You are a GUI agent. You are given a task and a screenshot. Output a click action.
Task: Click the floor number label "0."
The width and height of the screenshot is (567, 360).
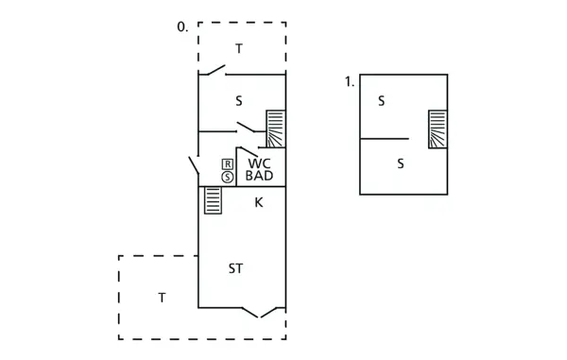[182, 27]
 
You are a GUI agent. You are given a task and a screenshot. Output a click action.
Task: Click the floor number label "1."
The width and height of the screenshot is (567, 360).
[350, 82]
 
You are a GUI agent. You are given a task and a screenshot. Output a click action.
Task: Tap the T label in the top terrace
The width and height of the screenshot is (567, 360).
[239, 48]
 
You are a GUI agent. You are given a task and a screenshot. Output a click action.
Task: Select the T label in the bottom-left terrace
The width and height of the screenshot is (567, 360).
[162, 298]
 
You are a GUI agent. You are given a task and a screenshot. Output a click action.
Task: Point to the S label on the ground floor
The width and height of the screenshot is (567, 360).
[239, 100]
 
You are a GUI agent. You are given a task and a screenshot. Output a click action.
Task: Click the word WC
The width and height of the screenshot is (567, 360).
[259, 163]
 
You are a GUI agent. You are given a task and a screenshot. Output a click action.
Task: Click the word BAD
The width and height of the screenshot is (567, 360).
[259, 176]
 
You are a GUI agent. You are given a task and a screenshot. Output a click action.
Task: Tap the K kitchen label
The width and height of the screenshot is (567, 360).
[258, 201]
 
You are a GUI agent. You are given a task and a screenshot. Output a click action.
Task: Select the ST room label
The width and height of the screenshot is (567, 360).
[236, 268]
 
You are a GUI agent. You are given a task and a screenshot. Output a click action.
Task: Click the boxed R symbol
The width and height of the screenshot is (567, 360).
[228, 163]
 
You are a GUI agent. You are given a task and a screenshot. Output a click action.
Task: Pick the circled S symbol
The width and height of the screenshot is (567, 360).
[228, 177]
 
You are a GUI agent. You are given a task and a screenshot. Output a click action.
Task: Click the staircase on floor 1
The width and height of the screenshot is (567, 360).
[437, 129]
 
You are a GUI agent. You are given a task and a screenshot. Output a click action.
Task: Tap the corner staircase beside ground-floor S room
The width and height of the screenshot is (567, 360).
[275, 129]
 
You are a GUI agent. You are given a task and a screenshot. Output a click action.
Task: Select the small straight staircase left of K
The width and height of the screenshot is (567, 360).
[213, 200]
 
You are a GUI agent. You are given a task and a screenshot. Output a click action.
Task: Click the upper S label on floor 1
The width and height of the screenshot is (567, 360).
[381, 101]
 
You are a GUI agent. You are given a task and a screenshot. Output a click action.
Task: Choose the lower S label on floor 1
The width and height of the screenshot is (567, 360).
[401, 163]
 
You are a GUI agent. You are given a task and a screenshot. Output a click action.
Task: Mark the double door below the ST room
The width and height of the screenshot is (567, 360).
[263, 311]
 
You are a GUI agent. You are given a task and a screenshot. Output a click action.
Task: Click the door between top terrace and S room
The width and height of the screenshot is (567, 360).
[216, 70]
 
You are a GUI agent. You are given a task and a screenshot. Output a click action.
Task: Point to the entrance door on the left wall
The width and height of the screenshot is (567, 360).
[194, 165]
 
